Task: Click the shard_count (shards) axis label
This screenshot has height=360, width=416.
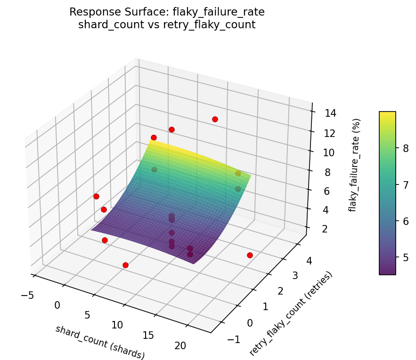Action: click(100, 342)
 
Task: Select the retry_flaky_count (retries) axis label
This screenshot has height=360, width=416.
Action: click(291, 314)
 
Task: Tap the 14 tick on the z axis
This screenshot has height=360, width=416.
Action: click(330, 113)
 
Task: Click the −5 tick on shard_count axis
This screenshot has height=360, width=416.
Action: click(27, 295)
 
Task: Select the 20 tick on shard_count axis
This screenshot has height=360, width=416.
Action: click(180, 346)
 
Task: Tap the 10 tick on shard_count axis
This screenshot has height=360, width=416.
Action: click(117, 325)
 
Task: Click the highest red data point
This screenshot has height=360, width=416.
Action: click(215, 119)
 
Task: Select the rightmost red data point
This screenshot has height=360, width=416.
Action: click(250, 255)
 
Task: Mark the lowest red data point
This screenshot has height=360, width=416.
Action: click(125, 265)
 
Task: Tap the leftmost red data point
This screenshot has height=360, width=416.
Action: click(96, 196)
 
